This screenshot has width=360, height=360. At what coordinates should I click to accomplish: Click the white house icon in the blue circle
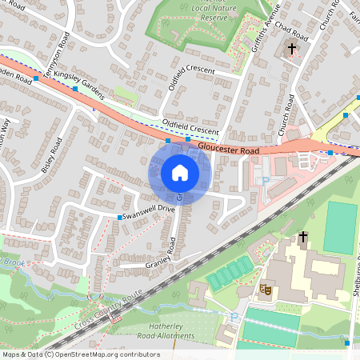tap(180, 173)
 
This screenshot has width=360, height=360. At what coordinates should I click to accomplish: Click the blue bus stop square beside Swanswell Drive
tap(120, 218)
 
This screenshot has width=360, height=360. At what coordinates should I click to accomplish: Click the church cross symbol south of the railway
tap(303, 237)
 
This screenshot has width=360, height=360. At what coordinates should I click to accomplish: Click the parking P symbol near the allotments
tap(234, 317)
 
